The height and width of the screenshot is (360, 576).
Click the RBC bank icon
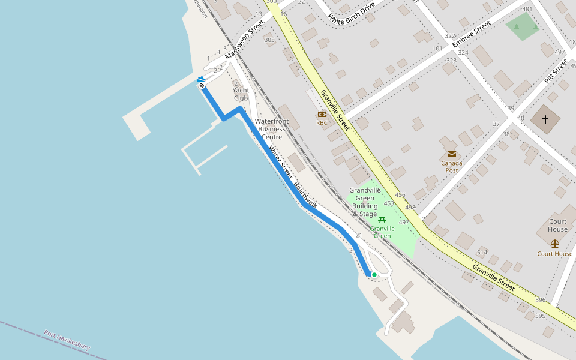tap(322, 115)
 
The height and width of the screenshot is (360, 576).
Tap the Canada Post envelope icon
tap(452, 154)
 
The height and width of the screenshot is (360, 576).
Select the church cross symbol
tap(545, 119)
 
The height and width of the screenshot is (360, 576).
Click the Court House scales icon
tap(554, 244)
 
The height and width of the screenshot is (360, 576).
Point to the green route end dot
tap(374, 275)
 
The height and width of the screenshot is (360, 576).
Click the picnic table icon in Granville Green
tap(382, 220)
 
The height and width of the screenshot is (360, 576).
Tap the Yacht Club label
tap(241, 94)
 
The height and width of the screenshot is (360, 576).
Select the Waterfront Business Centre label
tap(271, 129)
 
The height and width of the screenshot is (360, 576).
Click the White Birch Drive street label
tap(352, 13)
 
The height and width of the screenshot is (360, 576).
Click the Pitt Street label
tap(556, 71)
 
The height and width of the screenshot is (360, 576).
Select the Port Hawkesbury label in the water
tap(67, 340)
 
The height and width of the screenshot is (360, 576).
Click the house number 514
tap(482, 252)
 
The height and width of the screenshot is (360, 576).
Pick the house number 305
tap(269, 40)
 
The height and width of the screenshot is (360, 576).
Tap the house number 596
tap(540, 300)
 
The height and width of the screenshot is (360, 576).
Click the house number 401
tap(527, 9)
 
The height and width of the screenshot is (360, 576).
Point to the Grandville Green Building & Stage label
tap(365, 202)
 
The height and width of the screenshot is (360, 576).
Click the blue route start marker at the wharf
tap(202, 82)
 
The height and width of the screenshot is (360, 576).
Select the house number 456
tap(400, 195)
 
